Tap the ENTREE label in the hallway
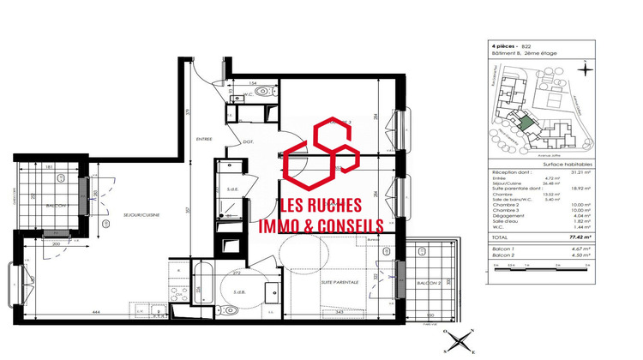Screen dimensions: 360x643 (204, 138)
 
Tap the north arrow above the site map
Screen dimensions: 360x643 (583, 70)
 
